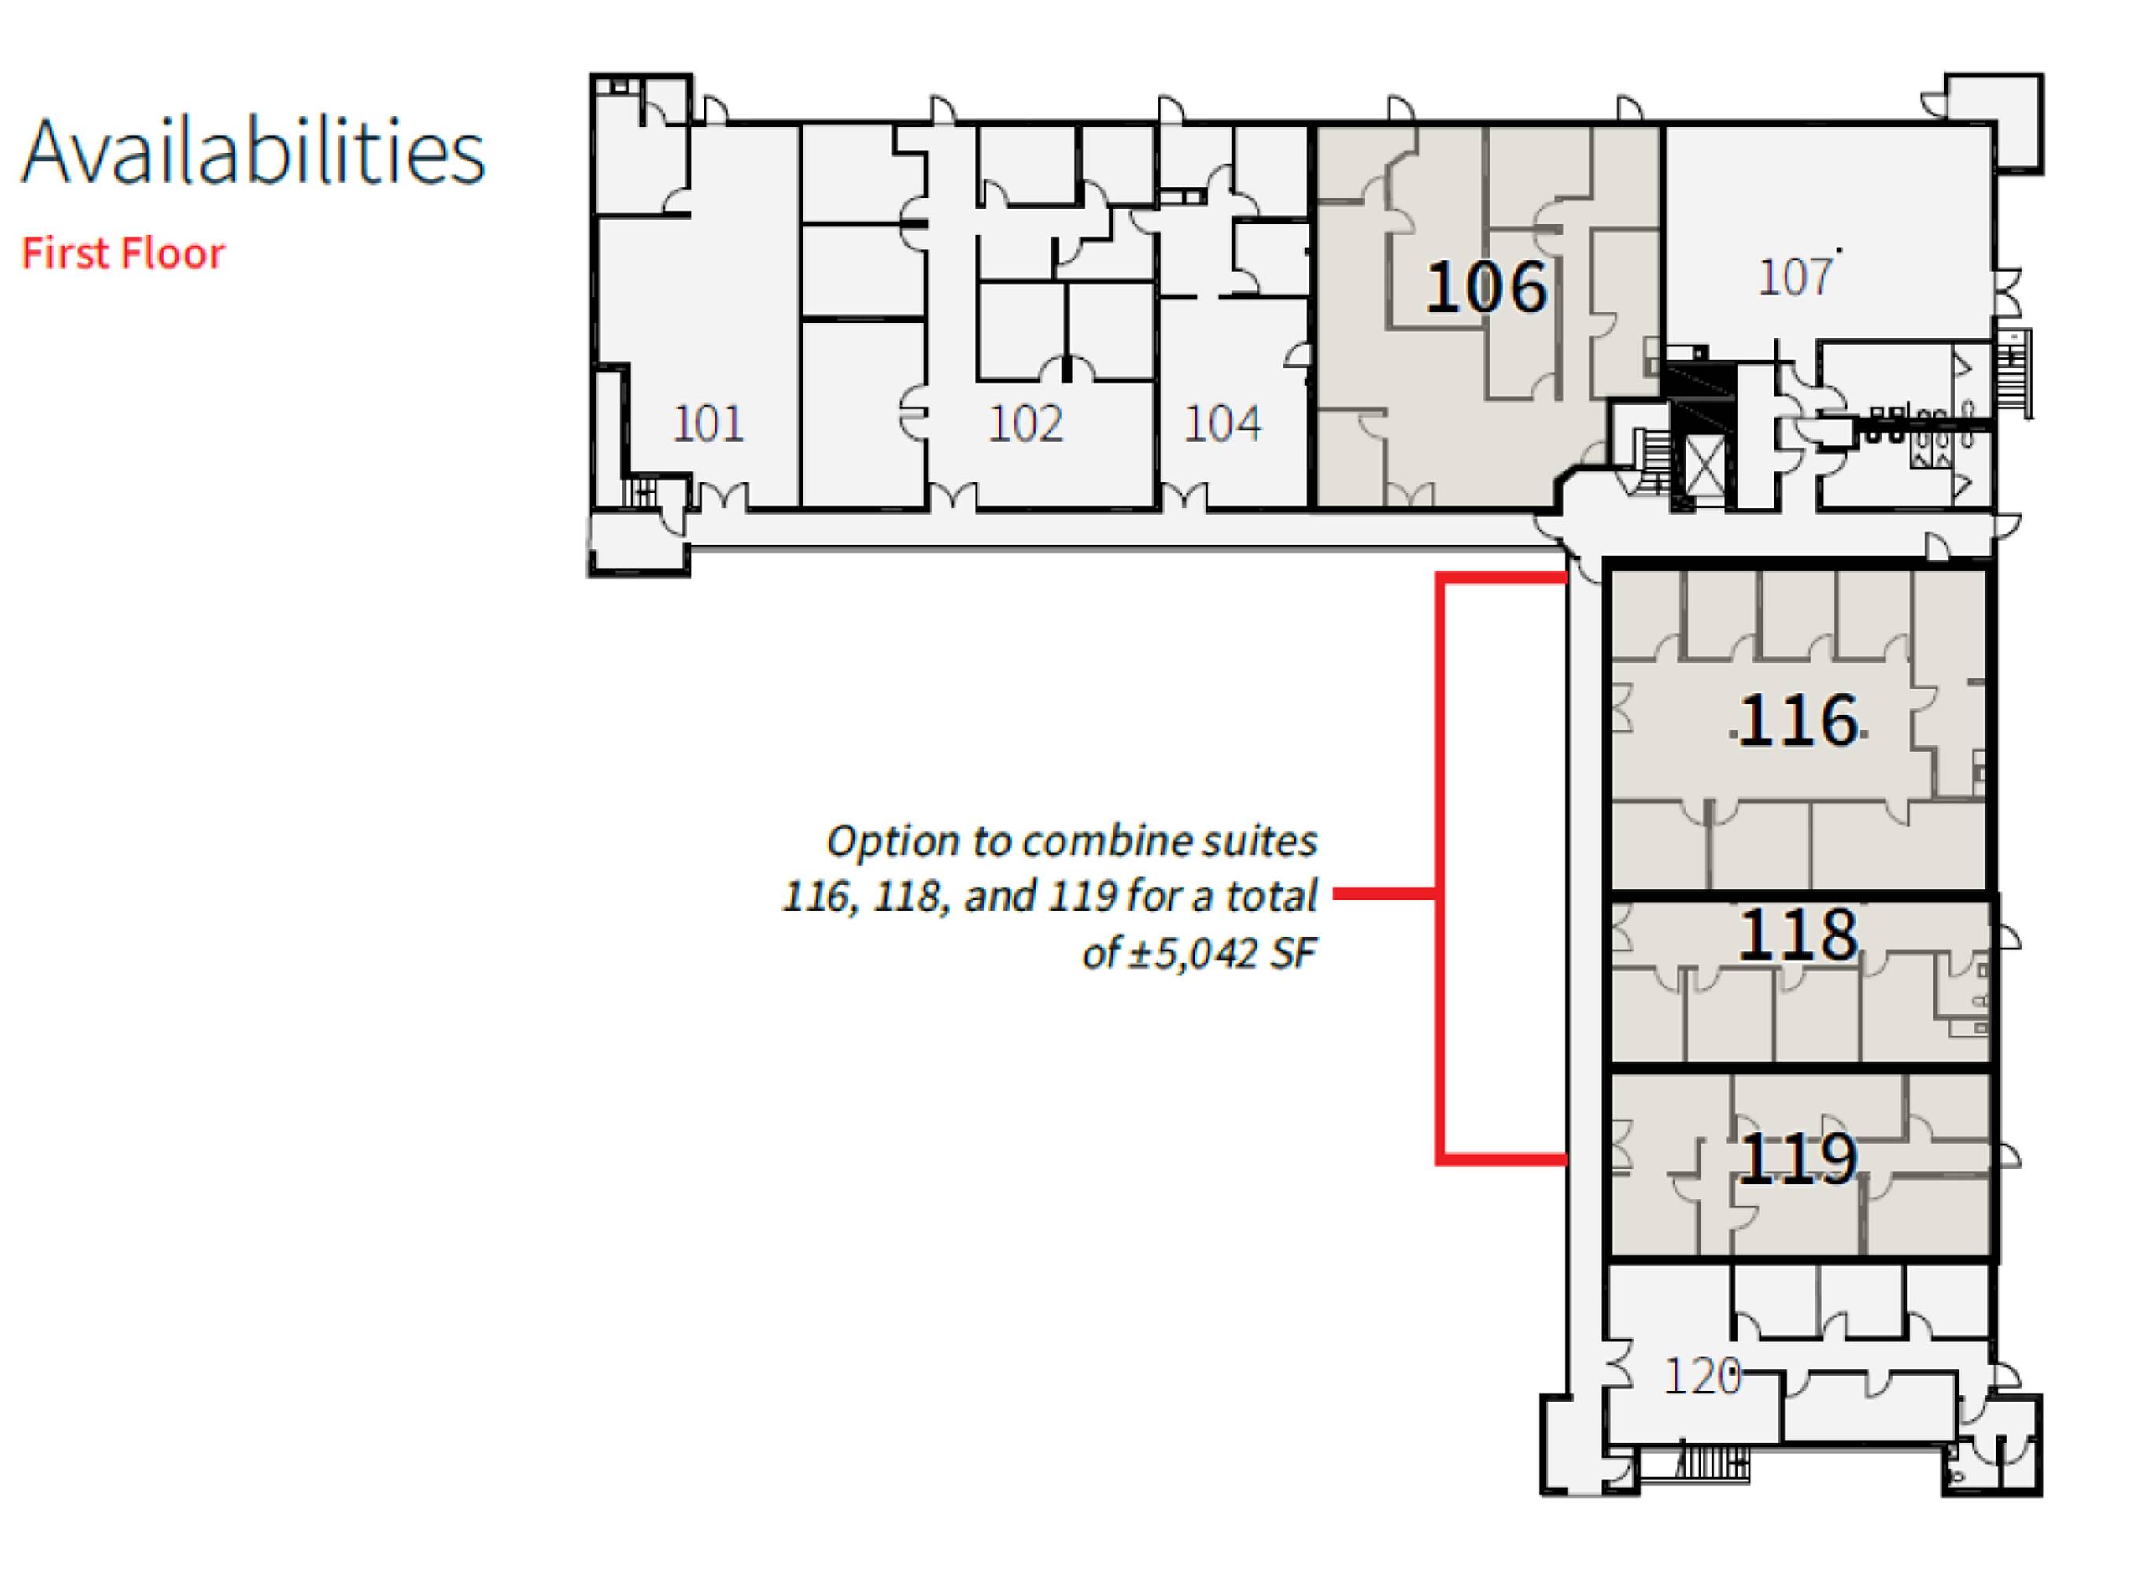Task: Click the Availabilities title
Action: coord(253,151)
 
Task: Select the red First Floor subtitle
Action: coord(123,253)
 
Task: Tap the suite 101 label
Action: coord(707,423)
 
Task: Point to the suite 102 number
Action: coord(1025,423)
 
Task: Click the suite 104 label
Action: coord(1223,423)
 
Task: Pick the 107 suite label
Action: coord(1795,277)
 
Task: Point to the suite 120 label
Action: coord(1701,1376)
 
